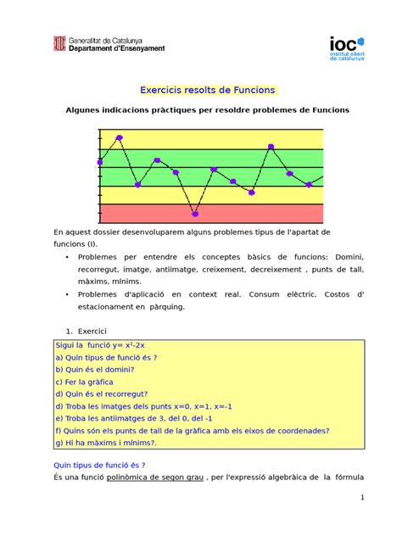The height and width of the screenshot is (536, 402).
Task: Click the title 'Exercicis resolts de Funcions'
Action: click(x=200, y=91)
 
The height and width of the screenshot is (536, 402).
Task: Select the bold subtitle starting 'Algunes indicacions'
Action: click(x=200, y=111)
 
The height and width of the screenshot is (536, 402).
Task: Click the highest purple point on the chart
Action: click(x=120, y=137)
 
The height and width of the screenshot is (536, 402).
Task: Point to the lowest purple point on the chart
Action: click(x=195, y=214)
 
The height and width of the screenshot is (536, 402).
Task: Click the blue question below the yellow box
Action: click(x=100, y=465)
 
